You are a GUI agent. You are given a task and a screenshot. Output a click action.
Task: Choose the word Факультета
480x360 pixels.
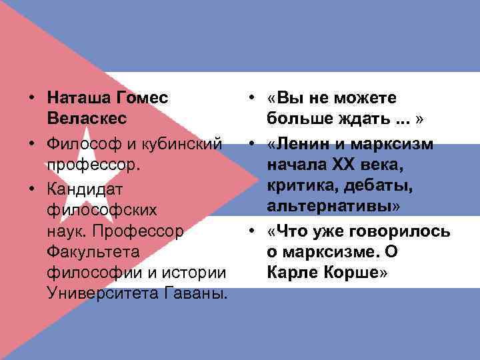pos(93,252)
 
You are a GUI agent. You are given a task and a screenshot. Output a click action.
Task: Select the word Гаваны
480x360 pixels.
pos(197,293)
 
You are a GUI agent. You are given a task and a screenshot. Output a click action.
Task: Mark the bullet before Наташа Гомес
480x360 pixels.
pos(32,99)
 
